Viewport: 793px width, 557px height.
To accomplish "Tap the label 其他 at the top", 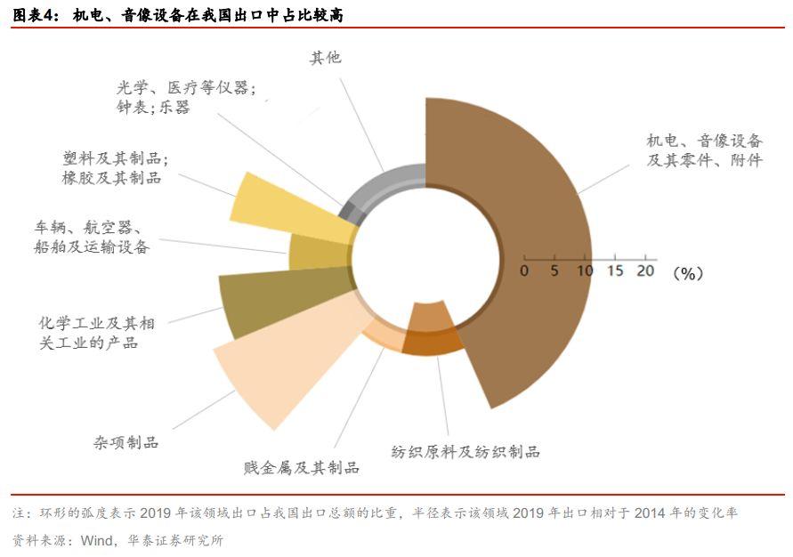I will pyautogui.click(x=325, y=59).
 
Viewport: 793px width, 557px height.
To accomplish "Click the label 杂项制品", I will pyautogui.click(x=126, y=442).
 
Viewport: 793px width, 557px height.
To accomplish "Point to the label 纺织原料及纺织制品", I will pyautogui.click(x=465, y=451).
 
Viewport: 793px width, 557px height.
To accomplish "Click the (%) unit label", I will pyautogui.click(x=687, y=273).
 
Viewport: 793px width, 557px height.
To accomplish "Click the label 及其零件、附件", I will pyautogui.click(x=704, y=161).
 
